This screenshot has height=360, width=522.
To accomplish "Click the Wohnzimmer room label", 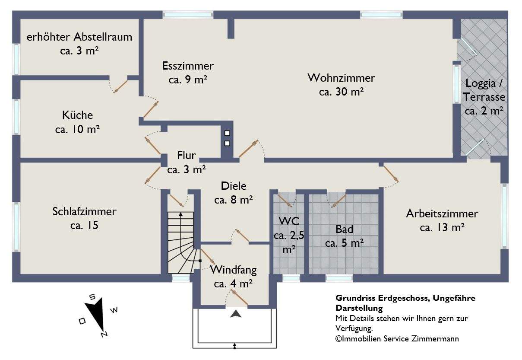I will click(x=341, y=78).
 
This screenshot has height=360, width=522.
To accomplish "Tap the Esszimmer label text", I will click(x=188, y=66).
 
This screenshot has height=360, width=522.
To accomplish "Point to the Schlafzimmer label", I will click(x=84, y=212).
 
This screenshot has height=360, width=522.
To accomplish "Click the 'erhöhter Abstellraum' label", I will click(x=79, y=37).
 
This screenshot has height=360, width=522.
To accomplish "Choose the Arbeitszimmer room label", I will click(x=442, y=213).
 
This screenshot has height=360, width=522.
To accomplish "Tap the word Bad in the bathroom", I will click(x=344, y=229).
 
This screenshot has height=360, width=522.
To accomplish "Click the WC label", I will click(x=289, y=222).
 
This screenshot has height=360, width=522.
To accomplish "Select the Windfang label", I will click(x=233, y=271).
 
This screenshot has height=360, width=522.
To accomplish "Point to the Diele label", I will click(x=233, y=186).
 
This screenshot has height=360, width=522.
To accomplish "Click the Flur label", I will click(x=187, y=156).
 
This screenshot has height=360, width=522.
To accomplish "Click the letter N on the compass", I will click(x=104, y=334).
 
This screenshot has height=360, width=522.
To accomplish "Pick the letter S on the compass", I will click(x=92, y=297).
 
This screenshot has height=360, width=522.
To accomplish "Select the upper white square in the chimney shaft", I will click(x=227, y=134).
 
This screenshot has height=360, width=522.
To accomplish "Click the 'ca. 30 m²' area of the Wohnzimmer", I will click(x=341, y=92).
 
